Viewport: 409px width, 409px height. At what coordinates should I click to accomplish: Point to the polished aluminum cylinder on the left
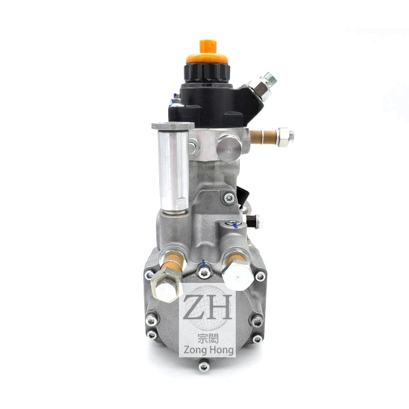point(173,170)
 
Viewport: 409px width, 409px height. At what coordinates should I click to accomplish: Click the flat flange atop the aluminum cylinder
point(173,126)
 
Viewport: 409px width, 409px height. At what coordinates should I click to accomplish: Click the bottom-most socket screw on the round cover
point(203,368)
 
